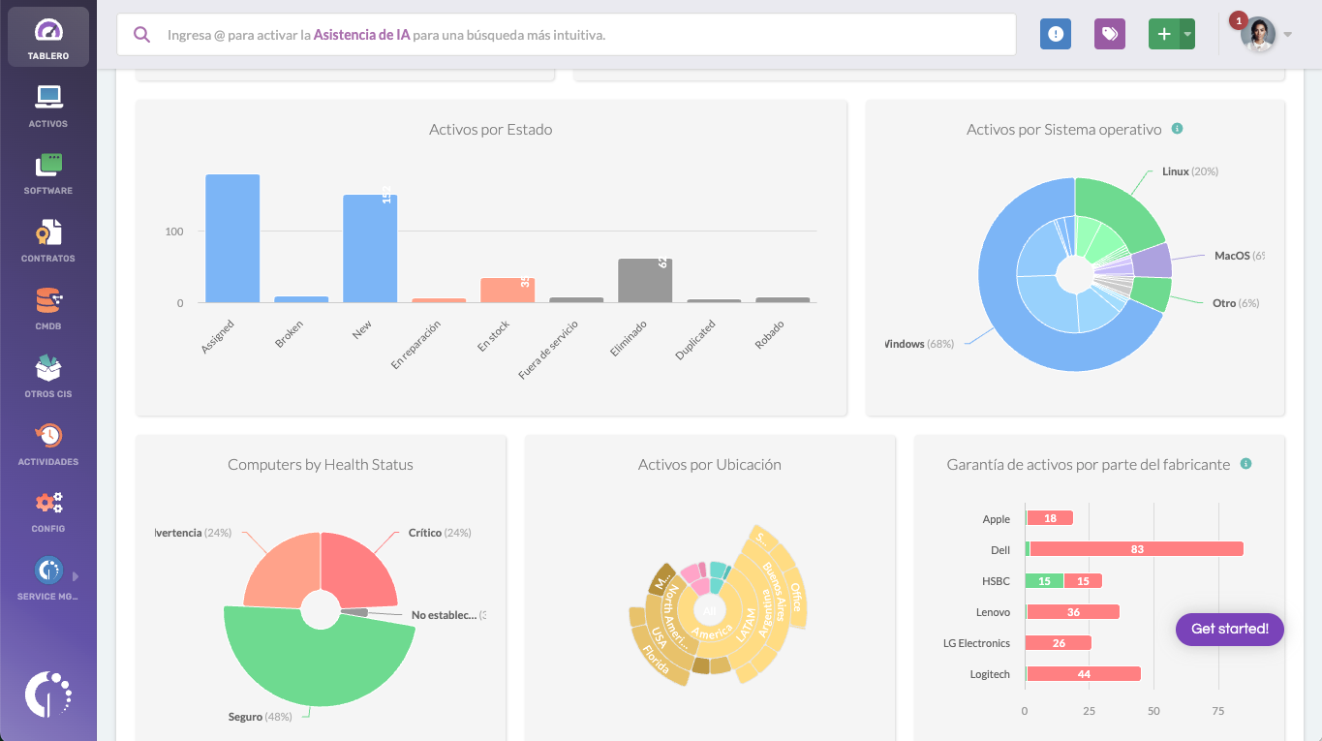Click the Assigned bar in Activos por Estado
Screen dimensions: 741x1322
coord(232,238)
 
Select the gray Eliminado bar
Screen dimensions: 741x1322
coord(645,281)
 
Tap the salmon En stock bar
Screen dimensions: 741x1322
coord(507,291)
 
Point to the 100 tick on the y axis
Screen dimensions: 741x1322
coord(173,232)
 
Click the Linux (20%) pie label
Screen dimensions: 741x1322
coord(1189,171)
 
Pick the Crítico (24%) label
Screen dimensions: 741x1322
coord(439,533)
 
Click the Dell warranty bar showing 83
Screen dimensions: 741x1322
coord(1136,549)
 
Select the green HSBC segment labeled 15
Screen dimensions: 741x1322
coord(1044,581)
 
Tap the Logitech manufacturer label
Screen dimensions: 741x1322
coord(990,674)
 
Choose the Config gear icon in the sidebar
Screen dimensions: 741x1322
coord(48,503)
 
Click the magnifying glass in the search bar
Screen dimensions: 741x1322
coord(142,35)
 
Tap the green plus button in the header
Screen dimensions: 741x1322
coord(1164,34)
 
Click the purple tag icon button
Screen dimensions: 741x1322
coord(1110,34)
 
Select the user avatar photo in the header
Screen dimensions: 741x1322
coord(1258,35)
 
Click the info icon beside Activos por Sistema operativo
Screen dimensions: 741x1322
coord(1177,129)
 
